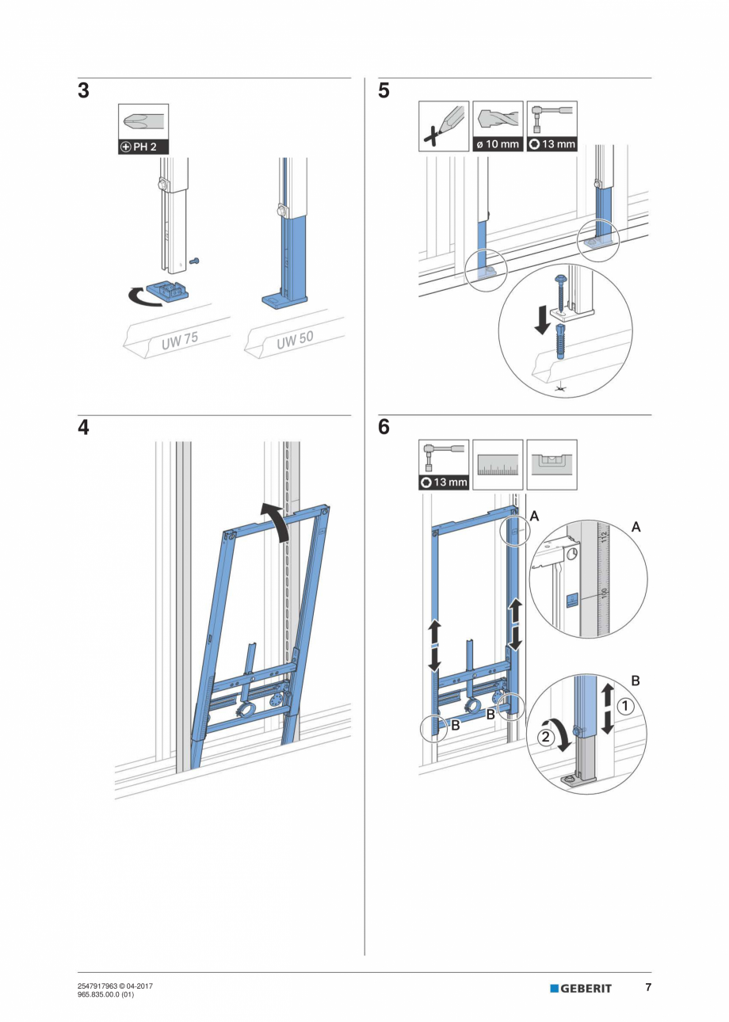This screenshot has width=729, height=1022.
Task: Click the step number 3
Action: point(83,91)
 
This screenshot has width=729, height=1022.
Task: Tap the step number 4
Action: point(83,428)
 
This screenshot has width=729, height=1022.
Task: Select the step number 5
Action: point(384,91)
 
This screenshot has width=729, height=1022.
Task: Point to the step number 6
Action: point(384,428)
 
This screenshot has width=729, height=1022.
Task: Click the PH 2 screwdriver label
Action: point(143,147)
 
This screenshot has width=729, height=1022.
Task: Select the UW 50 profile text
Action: point(295,341)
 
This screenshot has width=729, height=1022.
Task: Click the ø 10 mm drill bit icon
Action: point(498,126)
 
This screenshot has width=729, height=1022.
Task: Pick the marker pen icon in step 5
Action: point(444,126)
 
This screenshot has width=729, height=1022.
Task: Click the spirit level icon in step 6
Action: point(552,464)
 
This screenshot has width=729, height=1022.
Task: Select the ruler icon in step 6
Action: point(498,464)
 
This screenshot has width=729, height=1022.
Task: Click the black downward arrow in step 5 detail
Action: point(541,321)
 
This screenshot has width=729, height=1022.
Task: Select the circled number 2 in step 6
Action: point(545,737)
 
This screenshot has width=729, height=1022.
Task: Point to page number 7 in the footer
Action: point(647,987)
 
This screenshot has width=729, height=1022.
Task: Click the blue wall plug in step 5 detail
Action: point(560,340)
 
